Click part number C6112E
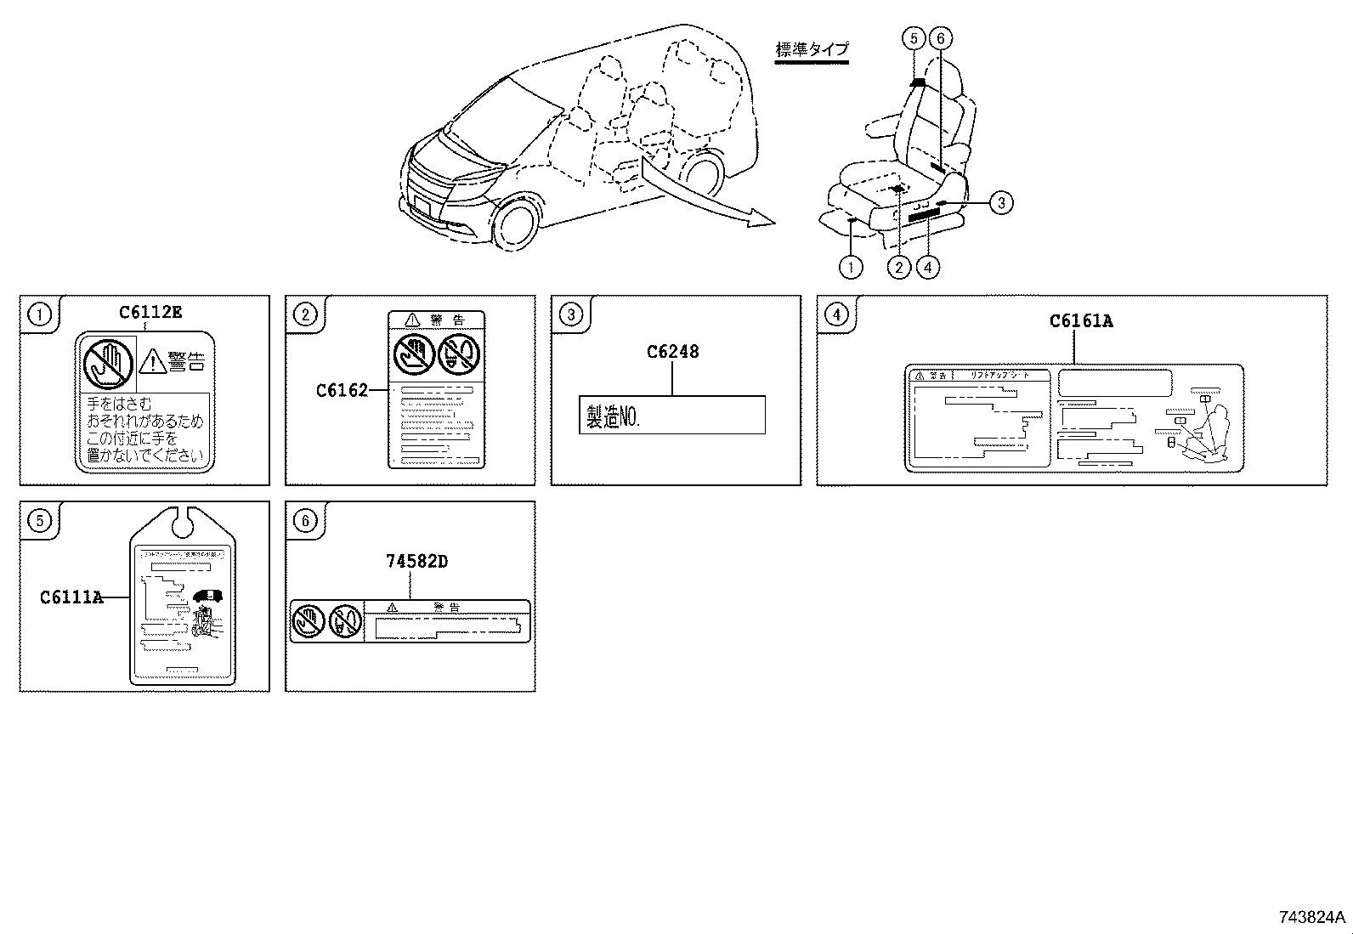click(150, 312)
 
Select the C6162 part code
click(342, 390)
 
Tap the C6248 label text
click(672, 352)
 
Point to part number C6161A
click(1081, 321)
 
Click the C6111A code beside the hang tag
click(71, 597)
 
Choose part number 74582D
click(416, 562)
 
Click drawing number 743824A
click(1311, 917)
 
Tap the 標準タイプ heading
click(812, 49)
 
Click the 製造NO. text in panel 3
click(613, 416)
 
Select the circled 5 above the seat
click(914, 38)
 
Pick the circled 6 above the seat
click(940, 38)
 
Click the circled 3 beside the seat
click(1001, 202)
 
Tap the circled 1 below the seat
click(850, 267)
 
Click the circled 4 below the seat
click(928, 267)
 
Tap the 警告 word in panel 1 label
click(186, 361)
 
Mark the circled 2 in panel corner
click(304, 315)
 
